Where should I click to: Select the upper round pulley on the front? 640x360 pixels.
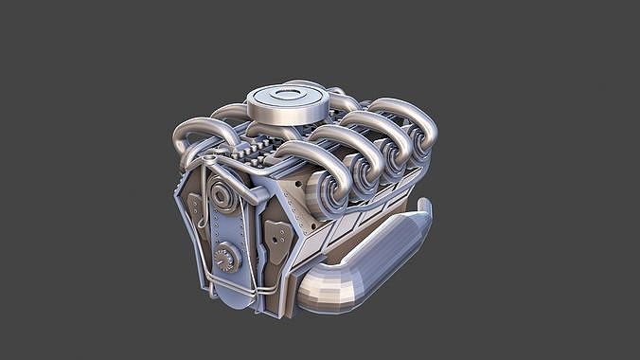[x=224, y=197]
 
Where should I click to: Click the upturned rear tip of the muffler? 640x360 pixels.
[x=422, y=212]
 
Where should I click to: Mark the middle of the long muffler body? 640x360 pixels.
[x=374, y=256]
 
